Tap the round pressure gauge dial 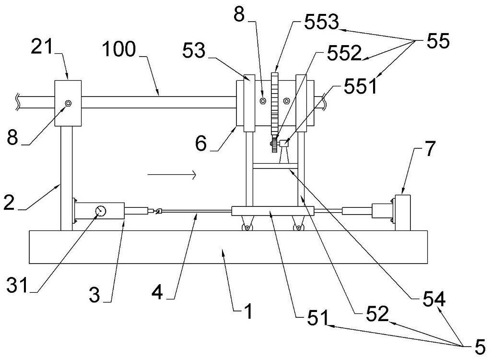101,211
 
